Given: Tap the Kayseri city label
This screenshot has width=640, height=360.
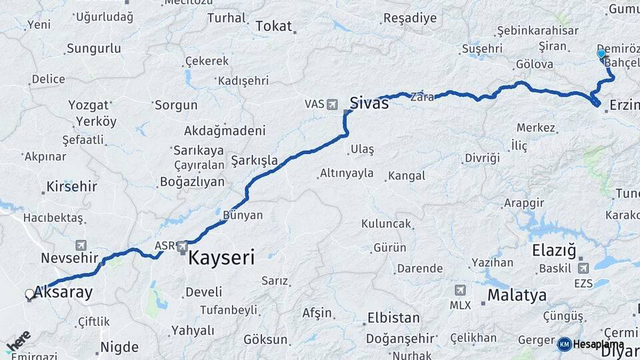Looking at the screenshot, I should coord(221,257).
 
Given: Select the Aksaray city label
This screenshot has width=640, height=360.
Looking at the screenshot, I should coord(63,292).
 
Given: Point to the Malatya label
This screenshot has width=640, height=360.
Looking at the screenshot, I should coord(517,295).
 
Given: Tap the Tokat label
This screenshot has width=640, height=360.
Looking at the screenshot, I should coord(274,26).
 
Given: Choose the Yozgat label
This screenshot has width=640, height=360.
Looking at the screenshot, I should coord(88,105).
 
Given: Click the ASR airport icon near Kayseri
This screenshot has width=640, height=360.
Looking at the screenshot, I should coord(183,247).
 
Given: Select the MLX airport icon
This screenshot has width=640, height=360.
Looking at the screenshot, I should coord(460,291).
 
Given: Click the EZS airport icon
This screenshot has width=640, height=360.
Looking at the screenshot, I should coord(585,267).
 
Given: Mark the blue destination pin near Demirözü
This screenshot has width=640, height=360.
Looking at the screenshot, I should coord(601,54).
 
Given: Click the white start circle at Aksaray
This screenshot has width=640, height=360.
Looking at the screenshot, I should coord(29,293).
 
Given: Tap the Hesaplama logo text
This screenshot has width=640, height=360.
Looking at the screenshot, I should coord(598,344).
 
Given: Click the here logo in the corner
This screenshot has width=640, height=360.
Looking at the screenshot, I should coord(18,341).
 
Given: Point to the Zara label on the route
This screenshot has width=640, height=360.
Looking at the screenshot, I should coord(422,97).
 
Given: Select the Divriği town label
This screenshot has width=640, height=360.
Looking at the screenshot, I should coord(482,158).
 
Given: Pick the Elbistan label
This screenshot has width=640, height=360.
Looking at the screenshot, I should coord(393,318).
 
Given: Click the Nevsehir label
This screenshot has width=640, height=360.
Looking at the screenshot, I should coord(69,257).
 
